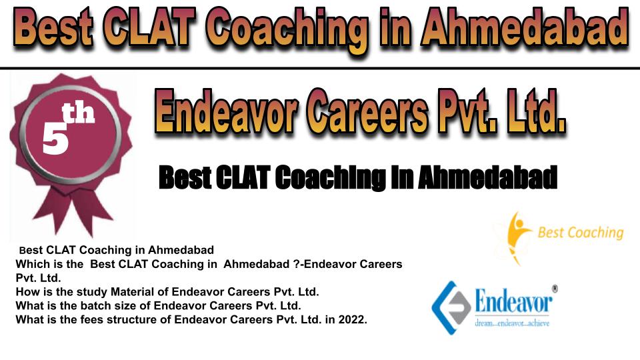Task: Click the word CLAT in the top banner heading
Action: coord(147,27)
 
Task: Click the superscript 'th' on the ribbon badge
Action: coord(78,113)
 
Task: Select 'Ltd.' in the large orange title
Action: coord(536,111)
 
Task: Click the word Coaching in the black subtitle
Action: coord(330,177)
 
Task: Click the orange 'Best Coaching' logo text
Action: coord(581,233)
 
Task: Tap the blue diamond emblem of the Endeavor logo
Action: coord(451,308)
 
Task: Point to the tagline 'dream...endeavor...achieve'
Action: coord(512,323)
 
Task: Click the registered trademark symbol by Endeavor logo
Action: coord(555,289)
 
